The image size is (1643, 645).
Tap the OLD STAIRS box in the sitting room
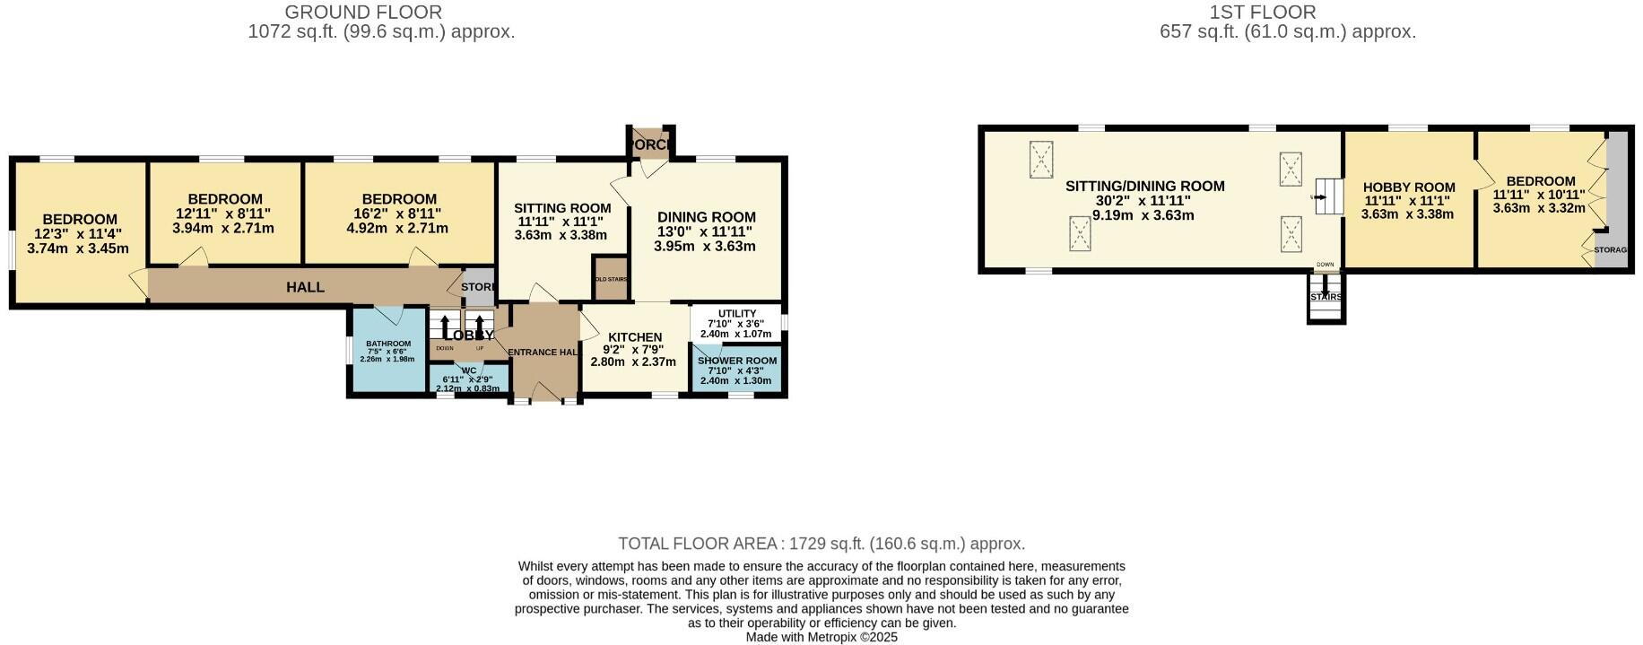click(612, 279)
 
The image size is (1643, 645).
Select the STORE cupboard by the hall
click(477, 287)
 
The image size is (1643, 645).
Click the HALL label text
click(305, 287)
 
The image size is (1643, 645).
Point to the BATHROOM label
click(387, 344)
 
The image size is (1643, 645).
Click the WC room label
click(469, 370)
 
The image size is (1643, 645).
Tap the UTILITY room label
click(737, 313)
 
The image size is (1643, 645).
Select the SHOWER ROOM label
click(737, 360)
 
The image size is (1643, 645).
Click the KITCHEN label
click(635, 337)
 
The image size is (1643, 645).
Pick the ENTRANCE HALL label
click(542, 353)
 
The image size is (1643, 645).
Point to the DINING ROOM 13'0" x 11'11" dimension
click(706, 231)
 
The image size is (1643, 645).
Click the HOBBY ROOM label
click(1409, 187)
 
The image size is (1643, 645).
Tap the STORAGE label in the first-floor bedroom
click(1610, 250)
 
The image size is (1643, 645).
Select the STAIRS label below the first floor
click(1326, 297)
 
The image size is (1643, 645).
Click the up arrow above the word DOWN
click(445, 327)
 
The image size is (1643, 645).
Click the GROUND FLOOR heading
click(363, 13)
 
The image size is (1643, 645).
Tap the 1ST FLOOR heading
click(1262, 13)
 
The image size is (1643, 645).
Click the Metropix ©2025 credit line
click(821, 638)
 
